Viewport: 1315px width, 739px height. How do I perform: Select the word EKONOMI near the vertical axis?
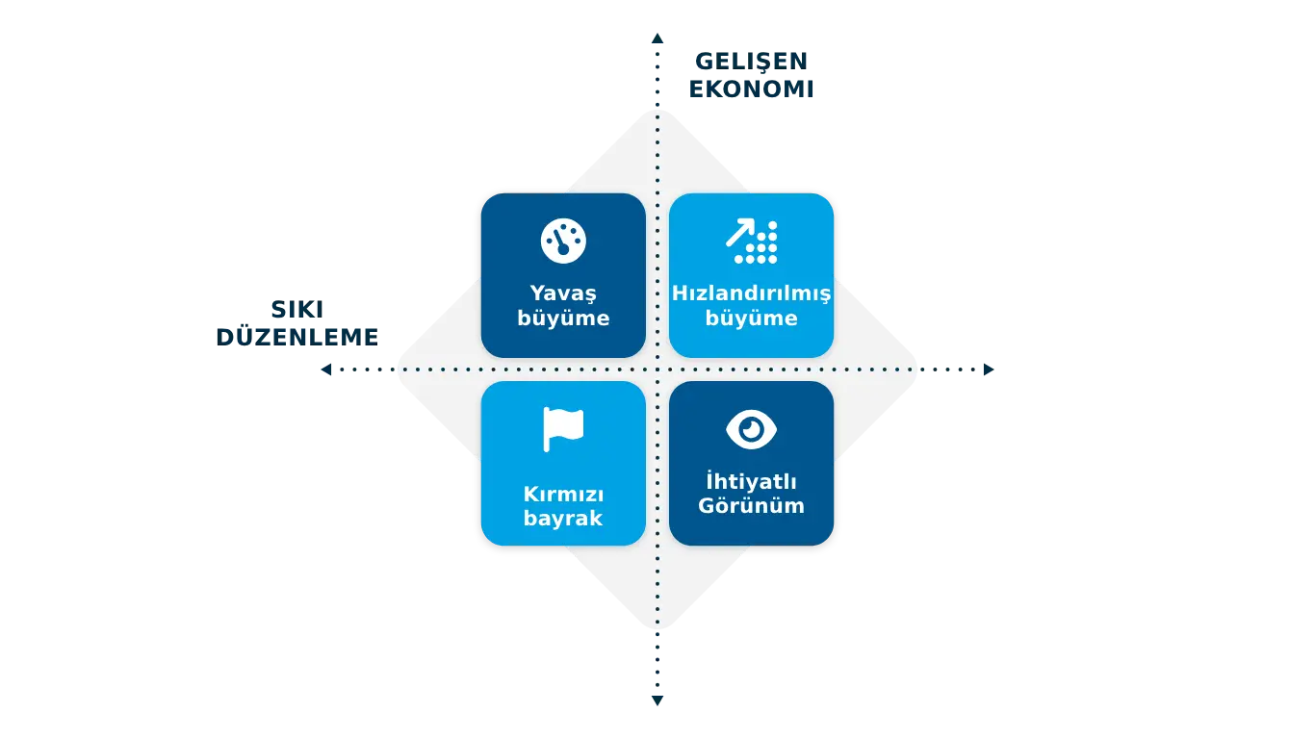click(751, 89)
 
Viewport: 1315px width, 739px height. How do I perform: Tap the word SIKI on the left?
click(297, 309)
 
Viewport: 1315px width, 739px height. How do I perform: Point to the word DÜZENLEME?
click(297, 337)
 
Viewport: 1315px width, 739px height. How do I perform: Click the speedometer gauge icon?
click(563, 241)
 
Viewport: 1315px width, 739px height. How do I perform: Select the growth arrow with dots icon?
click(752, 241)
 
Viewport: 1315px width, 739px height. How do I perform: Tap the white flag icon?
click(563, 429)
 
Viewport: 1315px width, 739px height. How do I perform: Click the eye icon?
click(752, 429)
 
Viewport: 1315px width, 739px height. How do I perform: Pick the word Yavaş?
click(563, 293)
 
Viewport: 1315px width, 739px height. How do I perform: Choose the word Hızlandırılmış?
click(752, 293)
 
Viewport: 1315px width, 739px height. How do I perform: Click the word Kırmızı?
click(563, 494)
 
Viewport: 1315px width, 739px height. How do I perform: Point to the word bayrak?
click(563, 519)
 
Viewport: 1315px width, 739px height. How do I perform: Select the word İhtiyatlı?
click(752, 481)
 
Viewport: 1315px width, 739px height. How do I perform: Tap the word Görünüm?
click(752, 505)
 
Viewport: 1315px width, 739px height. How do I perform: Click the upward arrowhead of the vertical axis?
click(657, 38)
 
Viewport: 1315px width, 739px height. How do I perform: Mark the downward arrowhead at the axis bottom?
click(657, 701)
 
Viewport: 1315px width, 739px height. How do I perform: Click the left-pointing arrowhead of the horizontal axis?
click(325, 369)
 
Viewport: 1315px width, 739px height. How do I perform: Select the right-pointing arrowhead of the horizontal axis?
click(989, 369)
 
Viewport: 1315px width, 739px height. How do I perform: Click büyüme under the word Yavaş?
click(563, 318)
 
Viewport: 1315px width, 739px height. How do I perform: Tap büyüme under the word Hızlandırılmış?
click(752, 318)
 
